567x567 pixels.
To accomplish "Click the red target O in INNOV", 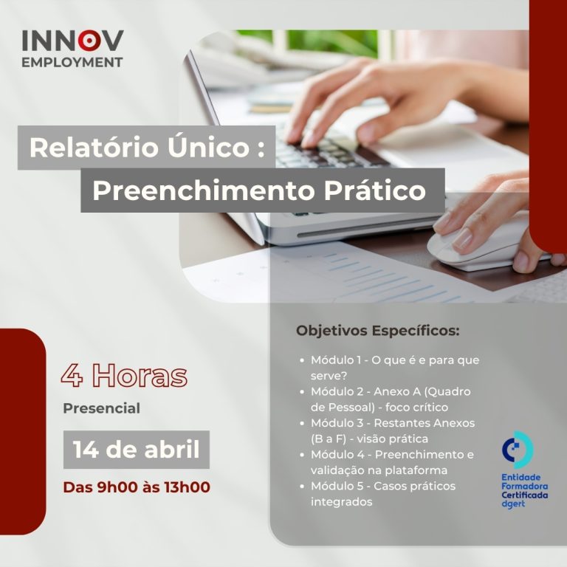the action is tap(88, 41).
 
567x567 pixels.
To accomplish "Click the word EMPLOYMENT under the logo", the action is tap(72, 62).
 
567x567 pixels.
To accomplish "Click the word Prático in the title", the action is tap(374, 190).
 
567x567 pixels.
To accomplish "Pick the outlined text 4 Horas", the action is tap(124, 375).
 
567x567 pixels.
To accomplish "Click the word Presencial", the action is tap(102, 408).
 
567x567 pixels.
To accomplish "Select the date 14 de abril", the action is tap(137, 450).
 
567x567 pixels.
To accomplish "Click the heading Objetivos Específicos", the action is tap(378, 331).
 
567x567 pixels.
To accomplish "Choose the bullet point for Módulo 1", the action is tap(302, 360).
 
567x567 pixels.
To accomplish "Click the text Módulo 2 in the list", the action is tap(338, 391).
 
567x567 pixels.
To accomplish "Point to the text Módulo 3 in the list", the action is tap(338, 423).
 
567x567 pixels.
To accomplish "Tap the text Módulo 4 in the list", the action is tap(339, 455).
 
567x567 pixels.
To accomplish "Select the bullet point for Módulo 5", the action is tap(302, 487).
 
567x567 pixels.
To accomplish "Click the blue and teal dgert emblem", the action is tap(518, 450).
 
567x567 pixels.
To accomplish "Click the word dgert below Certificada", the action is tap(513, 504).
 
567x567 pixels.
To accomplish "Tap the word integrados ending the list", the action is tap(341, 502).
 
